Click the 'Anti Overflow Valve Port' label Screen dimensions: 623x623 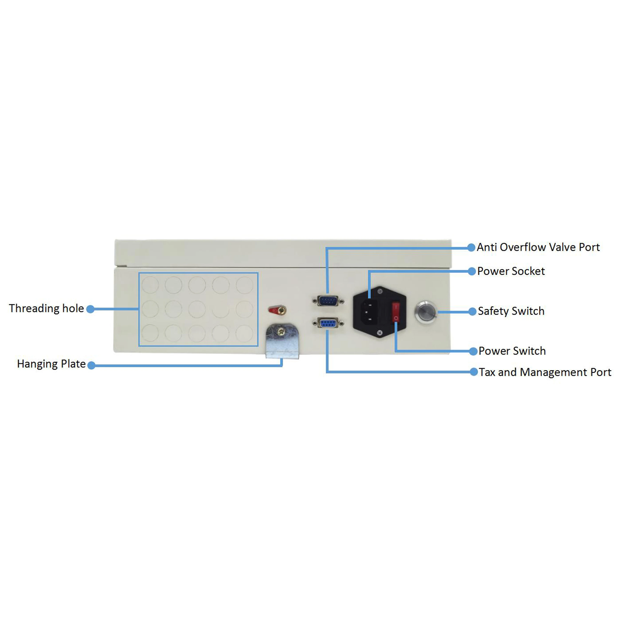[538, 247]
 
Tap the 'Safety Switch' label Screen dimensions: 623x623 [511, 311]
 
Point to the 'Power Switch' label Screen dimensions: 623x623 [512, 351]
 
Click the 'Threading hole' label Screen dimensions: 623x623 [46, 309]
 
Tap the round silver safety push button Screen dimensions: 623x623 [425, 312]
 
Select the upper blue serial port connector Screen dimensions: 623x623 [328, 301]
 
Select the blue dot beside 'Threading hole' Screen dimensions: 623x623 [91, 309]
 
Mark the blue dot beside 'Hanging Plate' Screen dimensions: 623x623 [92, 365]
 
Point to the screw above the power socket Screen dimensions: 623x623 [380, 292]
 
